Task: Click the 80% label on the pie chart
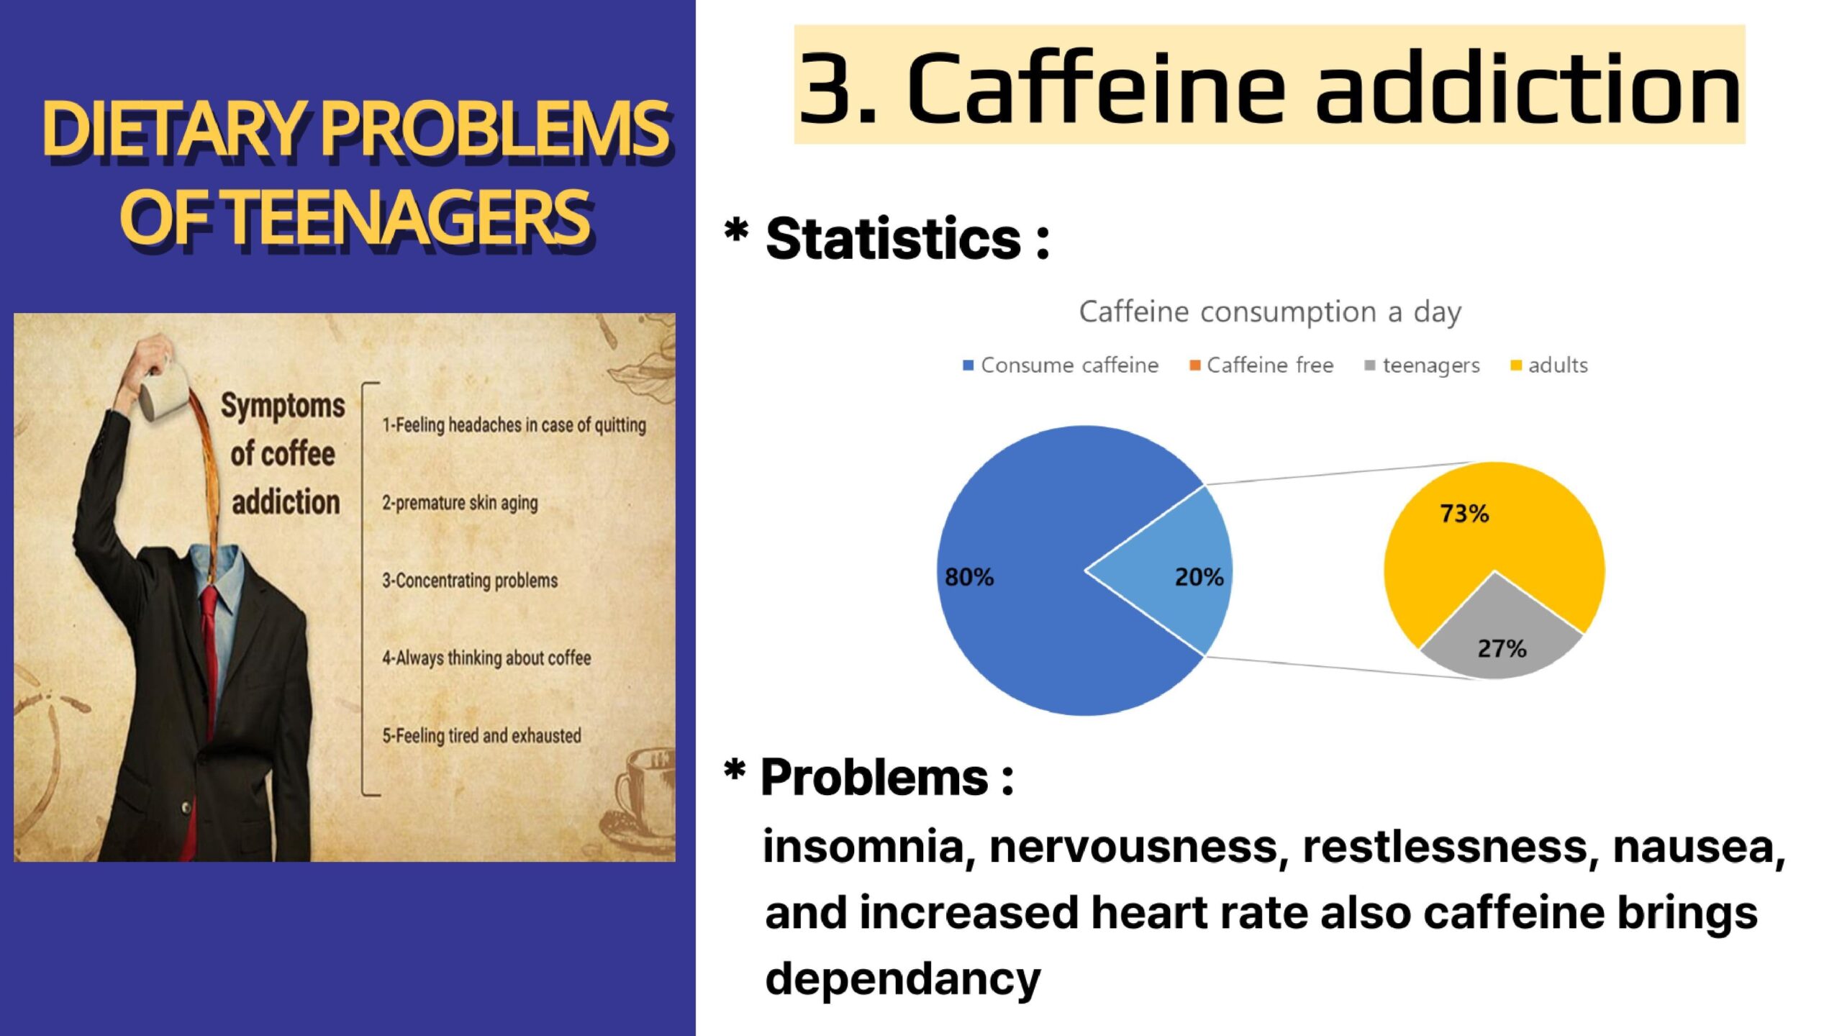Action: [x=968, y=577]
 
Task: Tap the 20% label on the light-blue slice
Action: [x=1199, y=577]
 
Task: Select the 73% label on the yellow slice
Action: [x=1464, y=514]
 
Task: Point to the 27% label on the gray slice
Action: [x=1502, y=649]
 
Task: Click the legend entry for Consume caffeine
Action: [x=1061, y=365]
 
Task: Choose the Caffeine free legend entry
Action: [x=1261, y=365]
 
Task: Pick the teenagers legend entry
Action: [x=1422, y=366]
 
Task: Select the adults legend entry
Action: [x=1548, y=365]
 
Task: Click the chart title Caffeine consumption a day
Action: [x=1270, y=312]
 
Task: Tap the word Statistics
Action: [x=893, y=238]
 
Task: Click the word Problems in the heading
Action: [x=874, y=778]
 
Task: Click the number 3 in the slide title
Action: [x=825, y=88]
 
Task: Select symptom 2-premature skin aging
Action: [x=460, y=503]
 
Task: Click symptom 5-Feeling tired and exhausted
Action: [x=481, y=736]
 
